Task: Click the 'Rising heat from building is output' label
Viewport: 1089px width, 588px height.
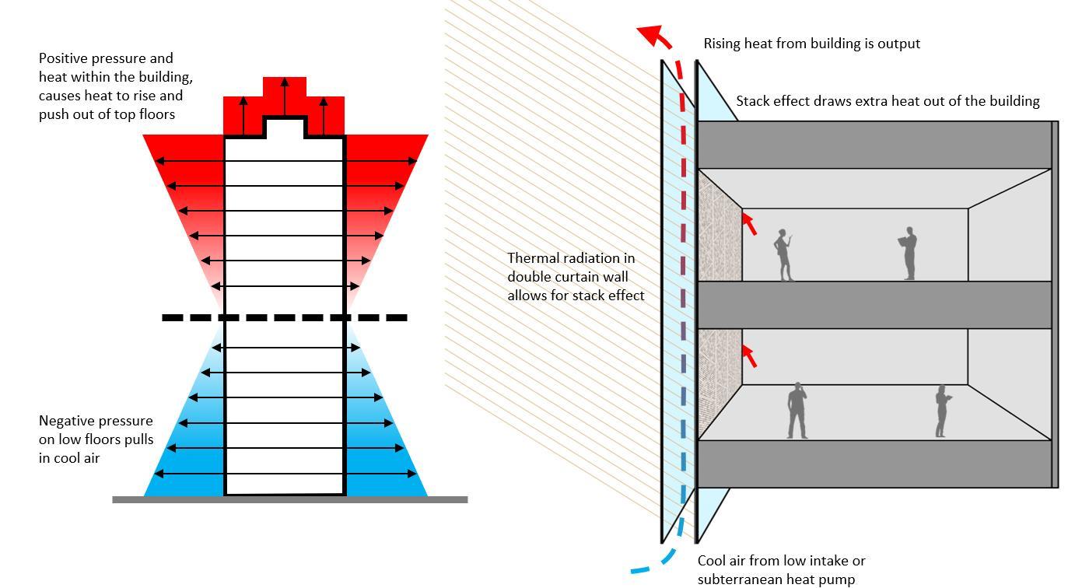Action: [811, 44]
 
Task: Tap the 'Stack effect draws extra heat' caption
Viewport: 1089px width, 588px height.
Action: [888, 101]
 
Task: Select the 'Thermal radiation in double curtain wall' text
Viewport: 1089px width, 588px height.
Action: [576, 276]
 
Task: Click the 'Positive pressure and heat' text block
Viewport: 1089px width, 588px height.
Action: [116, 86]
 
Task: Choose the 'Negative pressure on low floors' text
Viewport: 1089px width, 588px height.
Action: [96, 439]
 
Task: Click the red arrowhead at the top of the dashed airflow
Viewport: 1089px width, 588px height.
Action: [649, 35]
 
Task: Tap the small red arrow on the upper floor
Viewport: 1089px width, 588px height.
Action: [748, 222]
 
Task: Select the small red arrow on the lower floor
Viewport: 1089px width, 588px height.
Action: [748, 355]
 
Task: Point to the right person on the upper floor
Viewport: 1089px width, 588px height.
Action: [909, 254]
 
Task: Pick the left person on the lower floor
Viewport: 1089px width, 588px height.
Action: [797, 411]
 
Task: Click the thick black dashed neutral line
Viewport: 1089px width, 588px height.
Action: [285, 317]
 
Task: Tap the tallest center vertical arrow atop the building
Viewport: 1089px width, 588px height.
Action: [284, 96]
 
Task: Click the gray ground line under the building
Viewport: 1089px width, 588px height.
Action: [290, 499]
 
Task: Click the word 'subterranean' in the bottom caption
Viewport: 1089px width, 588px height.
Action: [739, 579]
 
